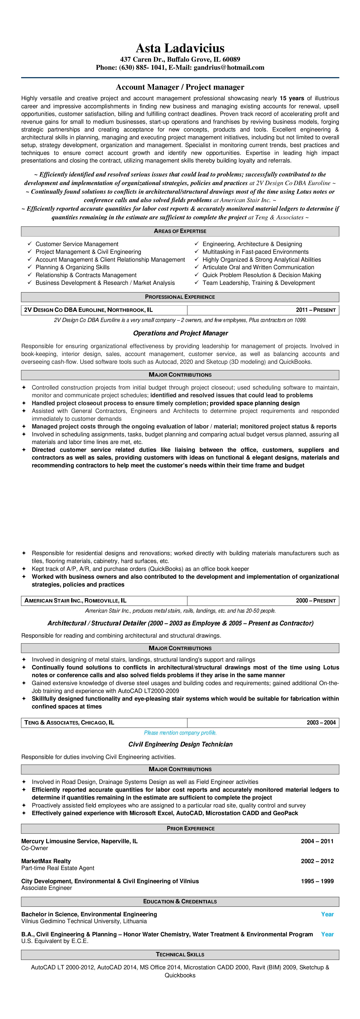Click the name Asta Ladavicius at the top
tap(180, 48)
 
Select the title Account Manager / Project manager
tap(180, 87)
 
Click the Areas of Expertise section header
tap(180, 231)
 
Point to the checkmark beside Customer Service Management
tap(30, 244)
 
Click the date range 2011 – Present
tap(316, 310)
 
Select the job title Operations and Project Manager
tap(180, 333)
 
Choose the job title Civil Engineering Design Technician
tap(180, 744)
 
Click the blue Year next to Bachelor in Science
tap(327, 914)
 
